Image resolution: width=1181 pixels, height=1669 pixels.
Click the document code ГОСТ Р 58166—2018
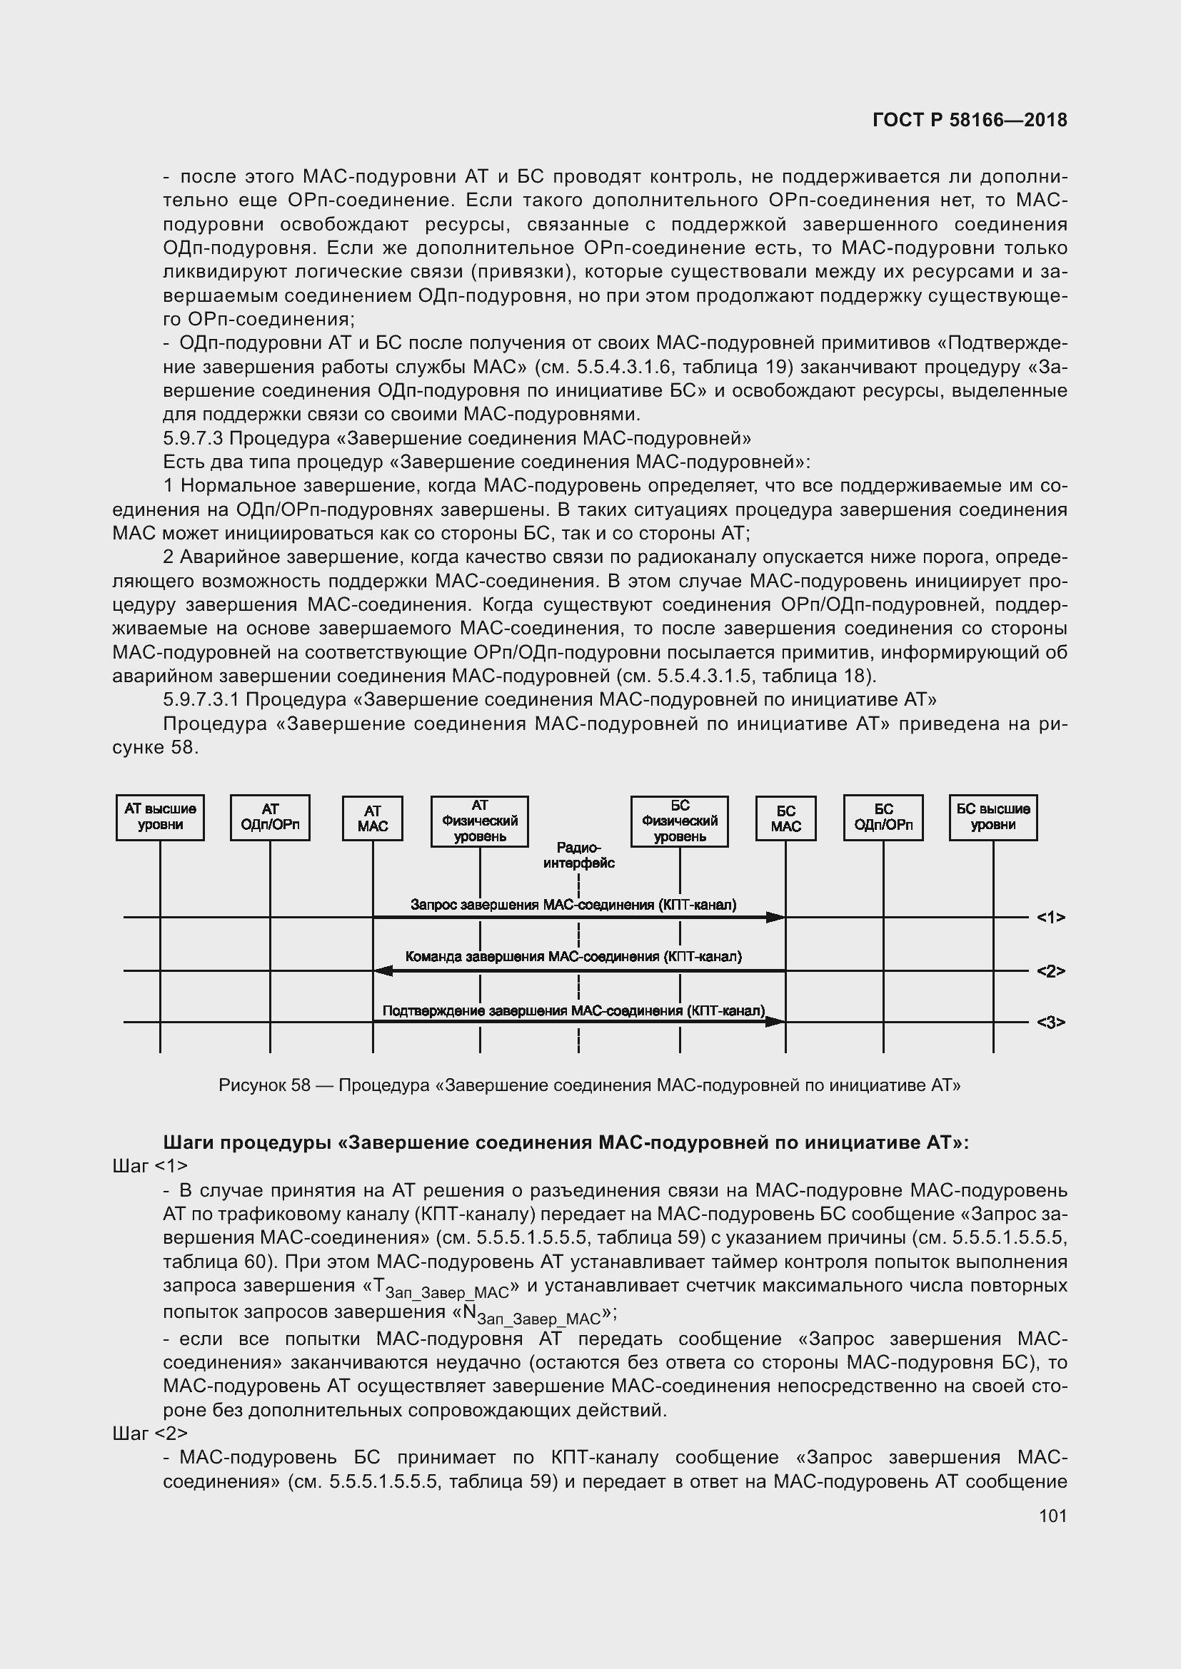(970, 120)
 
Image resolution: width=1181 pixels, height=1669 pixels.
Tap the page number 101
(1052, 1516)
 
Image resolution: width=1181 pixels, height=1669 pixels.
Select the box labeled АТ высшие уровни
(160, 817)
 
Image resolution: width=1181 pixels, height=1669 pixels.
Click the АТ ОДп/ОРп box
(270, 817)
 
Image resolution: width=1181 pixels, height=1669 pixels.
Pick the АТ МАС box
(372, 818)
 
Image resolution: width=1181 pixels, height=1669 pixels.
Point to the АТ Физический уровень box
(479, 821)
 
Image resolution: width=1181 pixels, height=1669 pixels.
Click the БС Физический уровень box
(679, 821)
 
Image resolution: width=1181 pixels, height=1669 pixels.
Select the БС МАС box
(785, 818)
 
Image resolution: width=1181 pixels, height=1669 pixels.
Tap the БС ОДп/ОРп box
(883, 817)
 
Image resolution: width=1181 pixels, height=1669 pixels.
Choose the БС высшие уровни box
(992, 817)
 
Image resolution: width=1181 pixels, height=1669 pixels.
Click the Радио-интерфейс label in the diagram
(579, 855)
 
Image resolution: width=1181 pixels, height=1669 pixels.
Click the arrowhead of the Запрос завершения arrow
(776, 918)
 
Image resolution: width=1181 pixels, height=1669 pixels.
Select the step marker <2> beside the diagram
(1051, 971)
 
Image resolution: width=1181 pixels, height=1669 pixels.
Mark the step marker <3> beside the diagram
(1051, 1023)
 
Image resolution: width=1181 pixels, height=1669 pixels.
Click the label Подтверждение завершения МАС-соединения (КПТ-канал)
(573, 1010)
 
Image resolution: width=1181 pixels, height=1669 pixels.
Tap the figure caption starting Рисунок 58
(589, 1085)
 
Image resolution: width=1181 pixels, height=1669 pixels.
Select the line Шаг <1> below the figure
(150, 1166)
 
